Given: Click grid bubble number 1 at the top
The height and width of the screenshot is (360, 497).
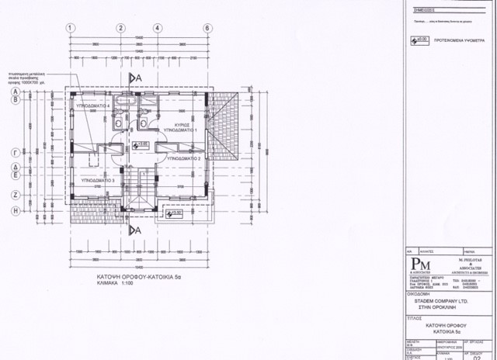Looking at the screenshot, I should click(71, 29).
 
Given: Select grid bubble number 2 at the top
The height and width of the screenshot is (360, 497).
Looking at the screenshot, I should click(121, 29).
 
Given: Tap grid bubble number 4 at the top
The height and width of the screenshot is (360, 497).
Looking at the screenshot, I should click(157, 29).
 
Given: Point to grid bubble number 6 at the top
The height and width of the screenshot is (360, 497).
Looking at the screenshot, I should click(207, 29).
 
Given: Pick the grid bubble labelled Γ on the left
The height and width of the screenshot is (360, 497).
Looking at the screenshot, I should click(15, 153).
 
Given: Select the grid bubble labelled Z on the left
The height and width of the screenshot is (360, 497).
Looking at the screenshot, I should click(15, 195).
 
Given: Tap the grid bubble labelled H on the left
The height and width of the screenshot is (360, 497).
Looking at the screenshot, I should click(15, 210).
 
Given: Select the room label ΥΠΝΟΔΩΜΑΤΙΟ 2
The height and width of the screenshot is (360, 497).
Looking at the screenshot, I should click(182, 159).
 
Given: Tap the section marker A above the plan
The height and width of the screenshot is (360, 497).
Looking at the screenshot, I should click(134, 78).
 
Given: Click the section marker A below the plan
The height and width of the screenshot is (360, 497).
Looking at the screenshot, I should click(135, 230).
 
